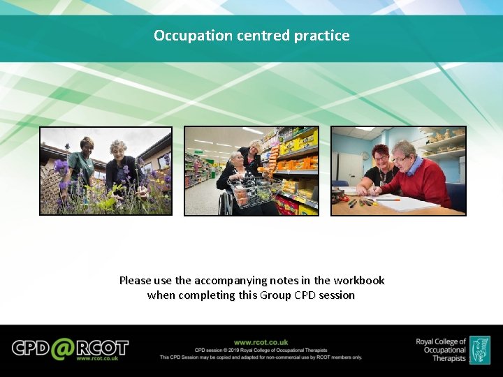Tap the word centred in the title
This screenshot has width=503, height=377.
pyautogui.click(x=261, y=36)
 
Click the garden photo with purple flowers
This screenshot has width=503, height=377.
pyautogui.click(x=105, y=170)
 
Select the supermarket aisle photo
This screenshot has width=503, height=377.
pyautogui.click(x=251, y=170)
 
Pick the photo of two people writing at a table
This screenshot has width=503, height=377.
pyautogui.click(x=398, y=170)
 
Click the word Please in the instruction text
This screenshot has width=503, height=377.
pyautogui.click(x=135, y=281)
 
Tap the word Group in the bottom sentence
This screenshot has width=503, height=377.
pyautogui.click(x=276, y=295)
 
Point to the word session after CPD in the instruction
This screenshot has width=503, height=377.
pyautogui.click(x=336, y=295)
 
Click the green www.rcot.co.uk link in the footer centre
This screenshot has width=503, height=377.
pyautogui.click(x=261, y=342)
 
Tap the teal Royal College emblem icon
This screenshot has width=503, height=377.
pyautogui.click(x=479, y=350)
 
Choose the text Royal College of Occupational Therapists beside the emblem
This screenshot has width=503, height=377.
pyautogui.click(x=440, y=350)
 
